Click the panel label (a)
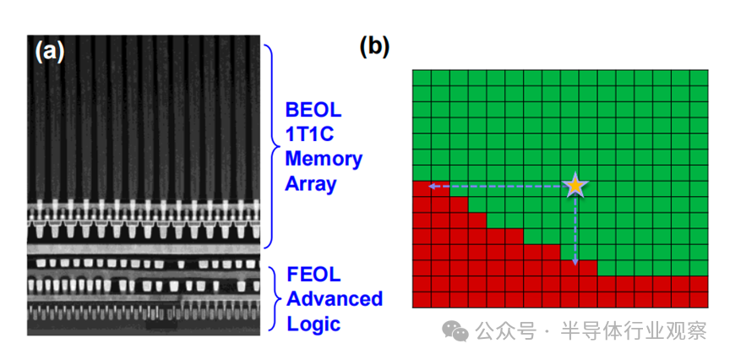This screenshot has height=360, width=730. (49, 52)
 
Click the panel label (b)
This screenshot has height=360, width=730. (374, 46)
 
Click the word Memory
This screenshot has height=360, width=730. (323, 158)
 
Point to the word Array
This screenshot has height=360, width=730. (310, 183)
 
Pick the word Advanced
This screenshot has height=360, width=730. (335, 298)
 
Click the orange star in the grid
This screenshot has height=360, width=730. (575, 185)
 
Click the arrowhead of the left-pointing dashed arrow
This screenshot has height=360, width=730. (430, 186)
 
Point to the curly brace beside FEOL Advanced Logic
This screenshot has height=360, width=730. (275, 298)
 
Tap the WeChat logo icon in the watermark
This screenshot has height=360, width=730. (457, 331)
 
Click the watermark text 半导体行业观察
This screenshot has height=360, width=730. (647, 331)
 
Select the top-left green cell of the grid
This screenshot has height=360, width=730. (422, 79)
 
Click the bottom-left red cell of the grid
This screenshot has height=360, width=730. (422, 299)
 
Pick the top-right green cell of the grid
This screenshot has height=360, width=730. (698, 79)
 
